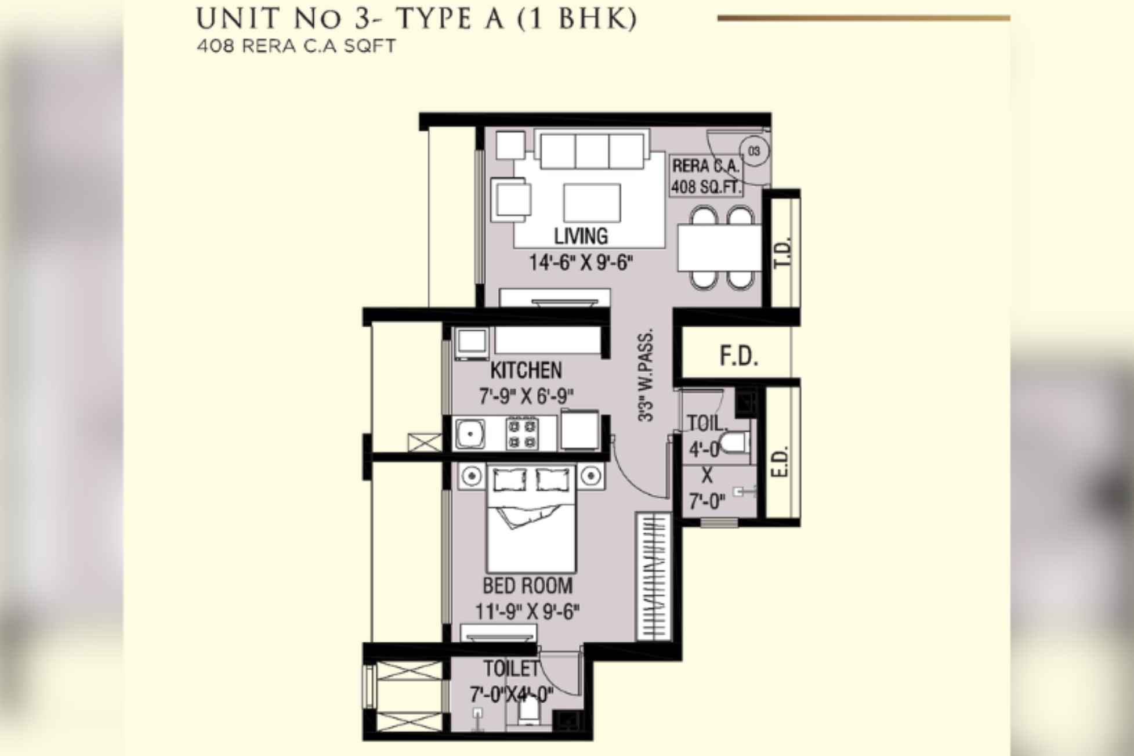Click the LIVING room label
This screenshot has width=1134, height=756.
click(581, 236)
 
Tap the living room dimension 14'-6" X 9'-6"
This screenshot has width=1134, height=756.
click(581, 263)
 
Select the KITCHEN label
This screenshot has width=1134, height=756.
click(526, 370)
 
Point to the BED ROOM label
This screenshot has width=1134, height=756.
click(527, 585)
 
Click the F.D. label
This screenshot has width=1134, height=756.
click(738, 356)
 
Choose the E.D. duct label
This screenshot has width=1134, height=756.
click(781, 461)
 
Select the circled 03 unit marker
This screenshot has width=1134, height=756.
click(754, 151)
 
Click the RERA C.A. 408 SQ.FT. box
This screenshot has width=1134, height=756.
click(706, 176)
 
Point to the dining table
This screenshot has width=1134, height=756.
click(719, 248)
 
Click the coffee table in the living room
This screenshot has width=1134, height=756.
click(592, 203)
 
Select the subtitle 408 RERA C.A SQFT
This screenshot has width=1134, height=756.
click(296, 46)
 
